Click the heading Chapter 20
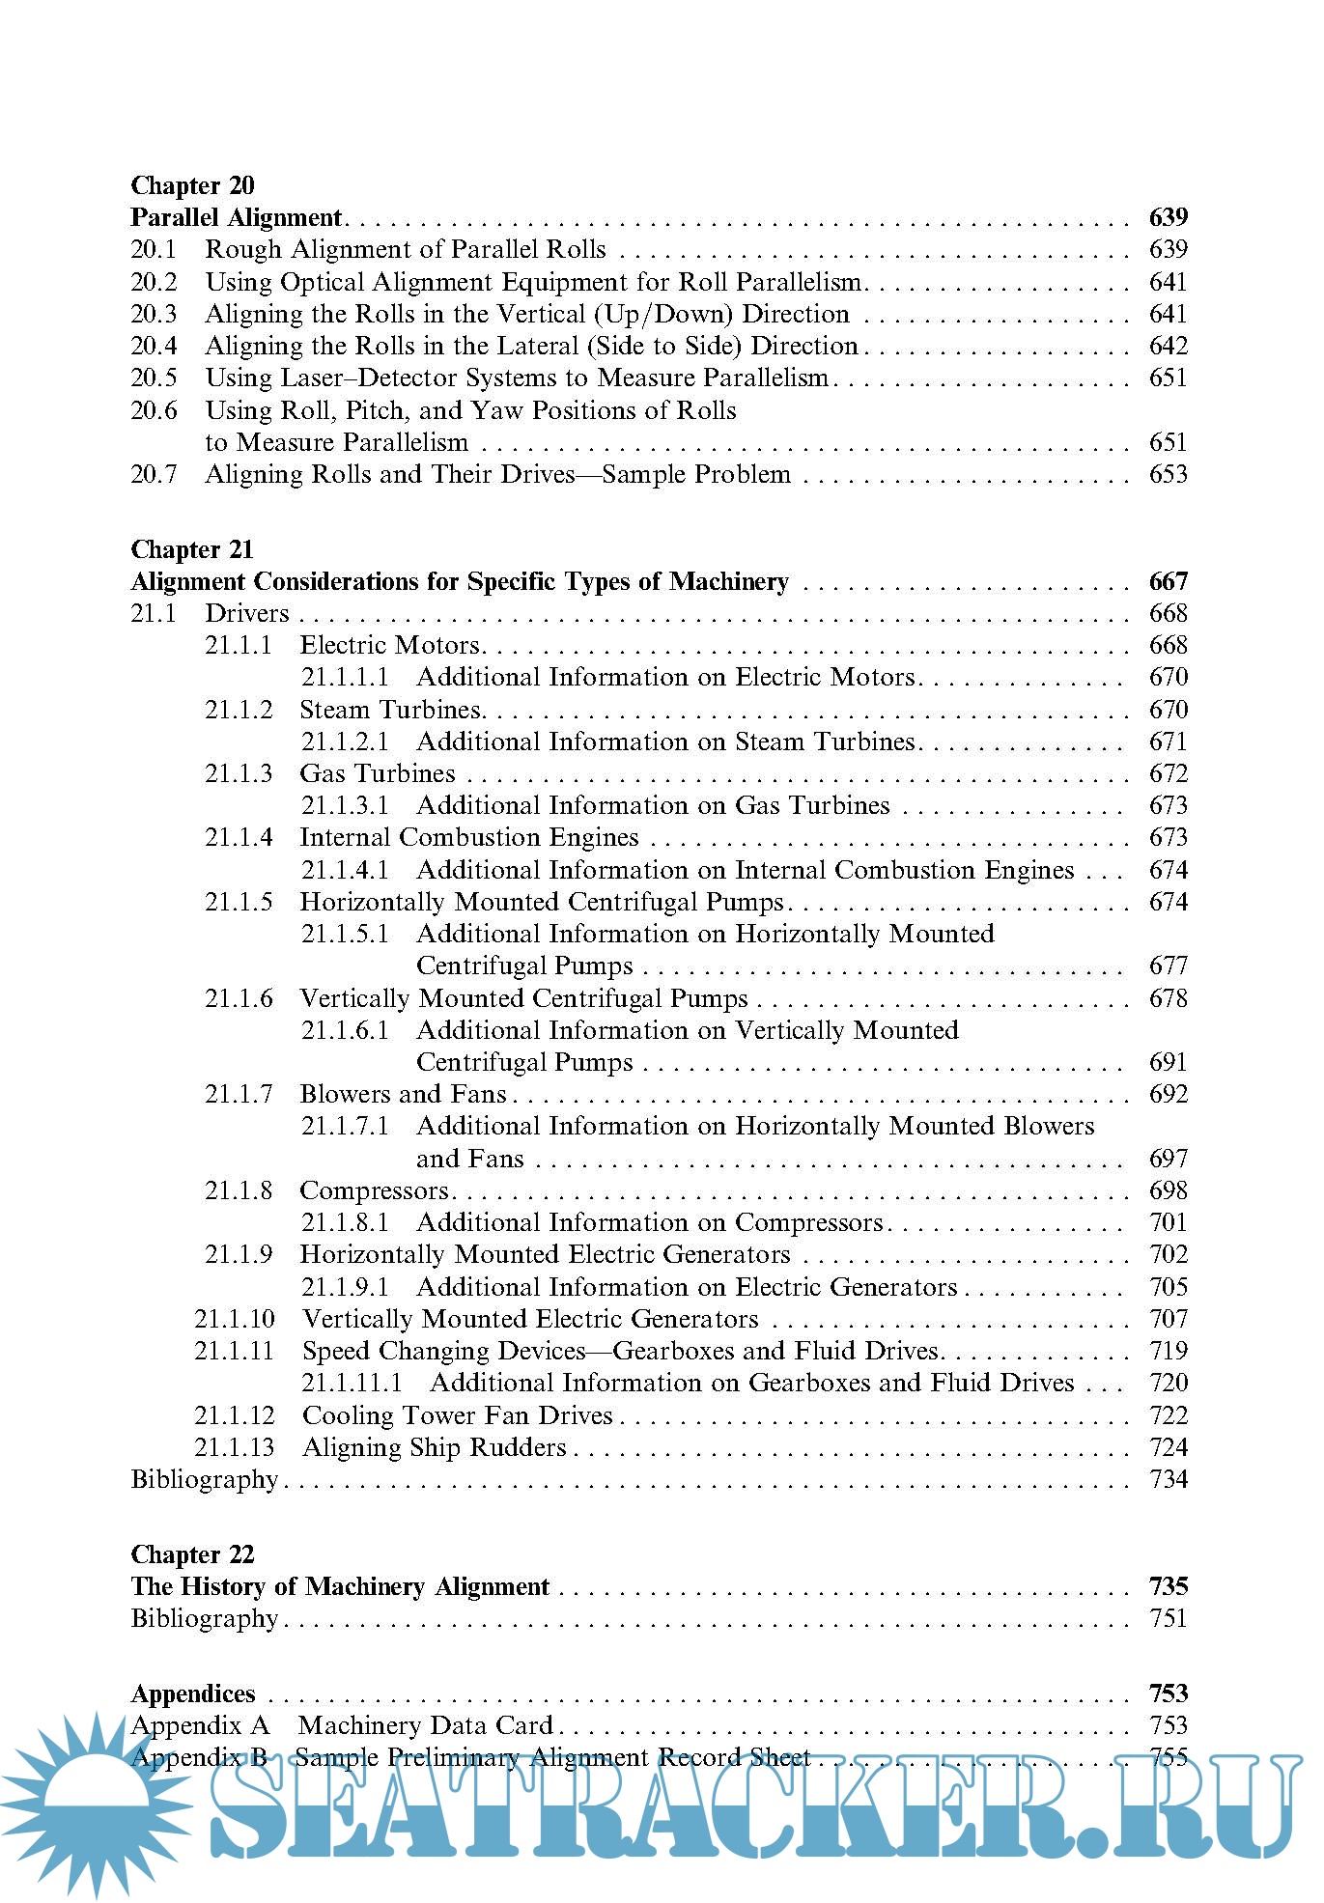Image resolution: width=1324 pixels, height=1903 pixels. [x=192, y=185]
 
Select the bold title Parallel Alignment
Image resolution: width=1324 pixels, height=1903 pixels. [x=237, y=217]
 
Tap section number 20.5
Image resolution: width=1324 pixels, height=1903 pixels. [x=155, y=378]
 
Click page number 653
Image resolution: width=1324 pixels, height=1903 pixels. [x=1168, y=474]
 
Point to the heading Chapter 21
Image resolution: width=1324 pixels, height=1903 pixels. [x=192, y=549]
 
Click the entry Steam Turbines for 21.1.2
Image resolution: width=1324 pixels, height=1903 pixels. [x=390, y=710]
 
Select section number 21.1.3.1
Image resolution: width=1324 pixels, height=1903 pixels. [x=345, y=805]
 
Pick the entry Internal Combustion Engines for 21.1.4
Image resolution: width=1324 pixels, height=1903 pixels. [x=469, y=837]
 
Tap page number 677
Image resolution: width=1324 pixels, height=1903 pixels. [x=1168, y=965]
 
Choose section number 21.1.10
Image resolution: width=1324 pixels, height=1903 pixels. [x=235, y=1319]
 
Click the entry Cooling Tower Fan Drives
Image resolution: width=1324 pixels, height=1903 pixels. [x=458, y=1415]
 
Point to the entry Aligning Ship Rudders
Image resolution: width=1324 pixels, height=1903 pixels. [x=435, y=1447]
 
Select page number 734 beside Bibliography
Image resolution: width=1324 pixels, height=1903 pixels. [x=1168, y=1479]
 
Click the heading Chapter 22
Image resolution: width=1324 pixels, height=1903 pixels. [x=192, y=1554]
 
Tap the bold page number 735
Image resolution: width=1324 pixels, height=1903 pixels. [x=1168, y=1586]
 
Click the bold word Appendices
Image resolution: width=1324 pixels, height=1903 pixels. [x=193, y=1693]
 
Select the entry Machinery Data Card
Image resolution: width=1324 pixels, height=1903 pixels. [x=425, y=1725]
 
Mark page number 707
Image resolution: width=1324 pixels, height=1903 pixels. [x=1168, y=1319]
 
